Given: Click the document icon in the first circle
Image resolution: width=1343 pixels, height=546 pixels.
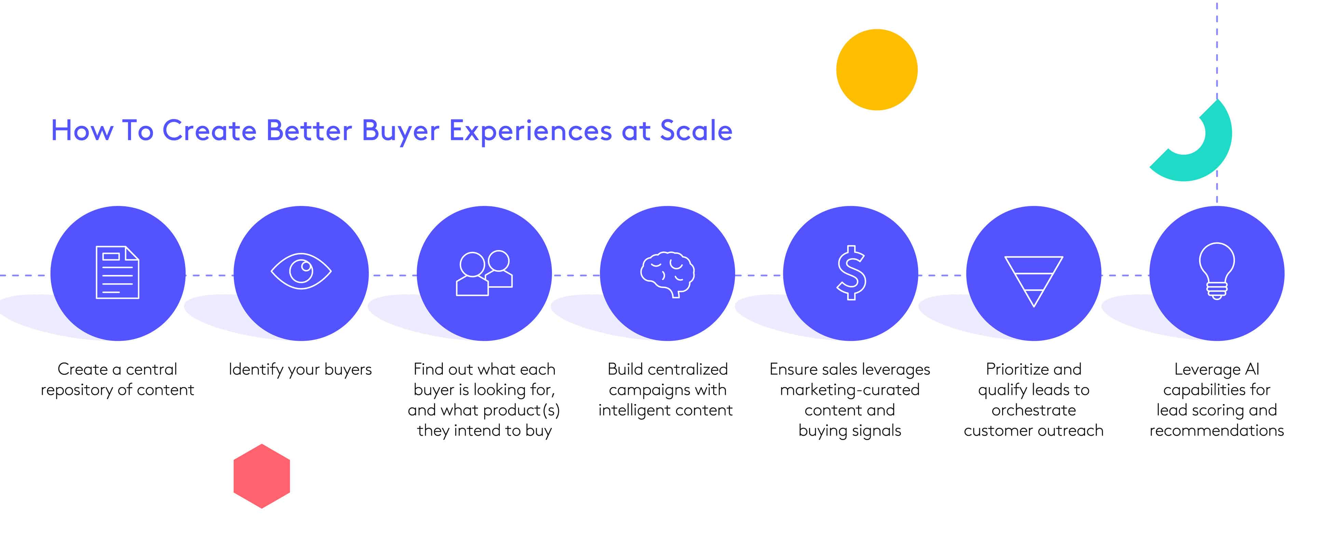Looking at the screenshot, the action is [117, 272].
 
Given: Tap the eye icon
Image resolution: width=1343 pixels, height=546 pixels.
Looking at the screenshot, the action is [301, 271].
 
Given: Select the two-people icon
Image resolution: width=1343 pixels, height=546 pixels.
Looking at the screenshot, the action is [484, 273].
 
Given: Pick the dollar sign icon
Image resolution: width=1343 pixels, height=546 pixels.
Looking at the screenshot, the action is [851, 272].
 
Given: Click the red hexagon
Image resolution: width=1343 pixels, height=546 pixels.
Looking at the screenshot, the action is [262, 476].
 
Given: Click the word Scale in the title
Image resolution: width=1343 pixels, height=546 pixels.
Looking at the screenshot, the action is [696, 130].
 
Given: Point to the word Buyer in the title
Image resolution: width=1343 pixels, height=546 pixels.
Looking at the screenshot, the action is [400, 131].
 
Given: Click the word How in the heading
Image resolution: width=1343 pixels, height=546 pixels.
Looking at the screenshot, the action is [82, 130].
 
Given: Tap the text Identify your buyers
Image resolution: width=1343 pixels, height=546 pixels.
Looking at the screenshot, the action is [300, 369].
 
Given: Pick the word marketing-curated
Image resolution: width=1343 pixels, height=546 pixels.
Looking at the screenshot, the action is [850, 390].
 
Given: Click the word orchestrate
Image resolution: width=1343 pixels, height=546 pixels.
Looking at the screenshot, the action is [1034, 411].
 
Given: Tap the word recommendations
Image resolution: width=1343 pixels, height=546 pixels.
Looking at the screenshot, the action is [1217, 431].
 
